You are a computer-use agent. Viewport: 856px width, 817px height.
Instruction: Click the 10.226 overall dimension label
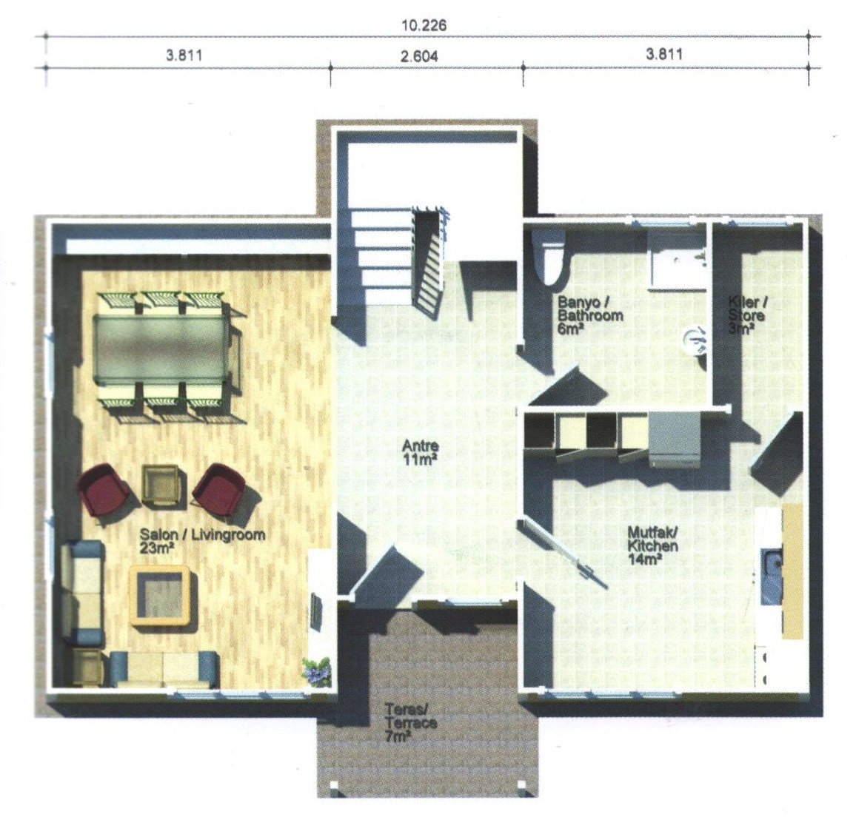pos(424,25)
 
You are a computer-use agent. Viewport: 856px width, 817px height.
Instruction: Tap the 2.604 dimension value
pos(418,56)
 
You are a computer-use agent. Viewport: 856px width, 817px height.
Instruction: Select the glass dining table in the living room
pos(161,349)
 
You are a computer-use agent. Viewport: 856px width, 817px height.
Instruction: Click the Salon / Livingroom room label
pos(203,540)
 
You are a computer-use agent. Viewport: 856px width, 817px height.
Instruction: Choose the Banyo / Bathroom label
pos(589,315)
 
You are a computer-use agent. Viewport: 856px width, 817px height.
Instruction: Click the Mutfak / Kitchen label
pos(653,545)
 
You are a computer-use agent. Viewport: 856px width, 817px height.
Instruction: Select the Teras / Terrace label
pos(410,722)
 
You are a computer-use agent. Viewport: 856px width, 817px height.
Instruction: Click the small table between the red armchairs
pos(159,485)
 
